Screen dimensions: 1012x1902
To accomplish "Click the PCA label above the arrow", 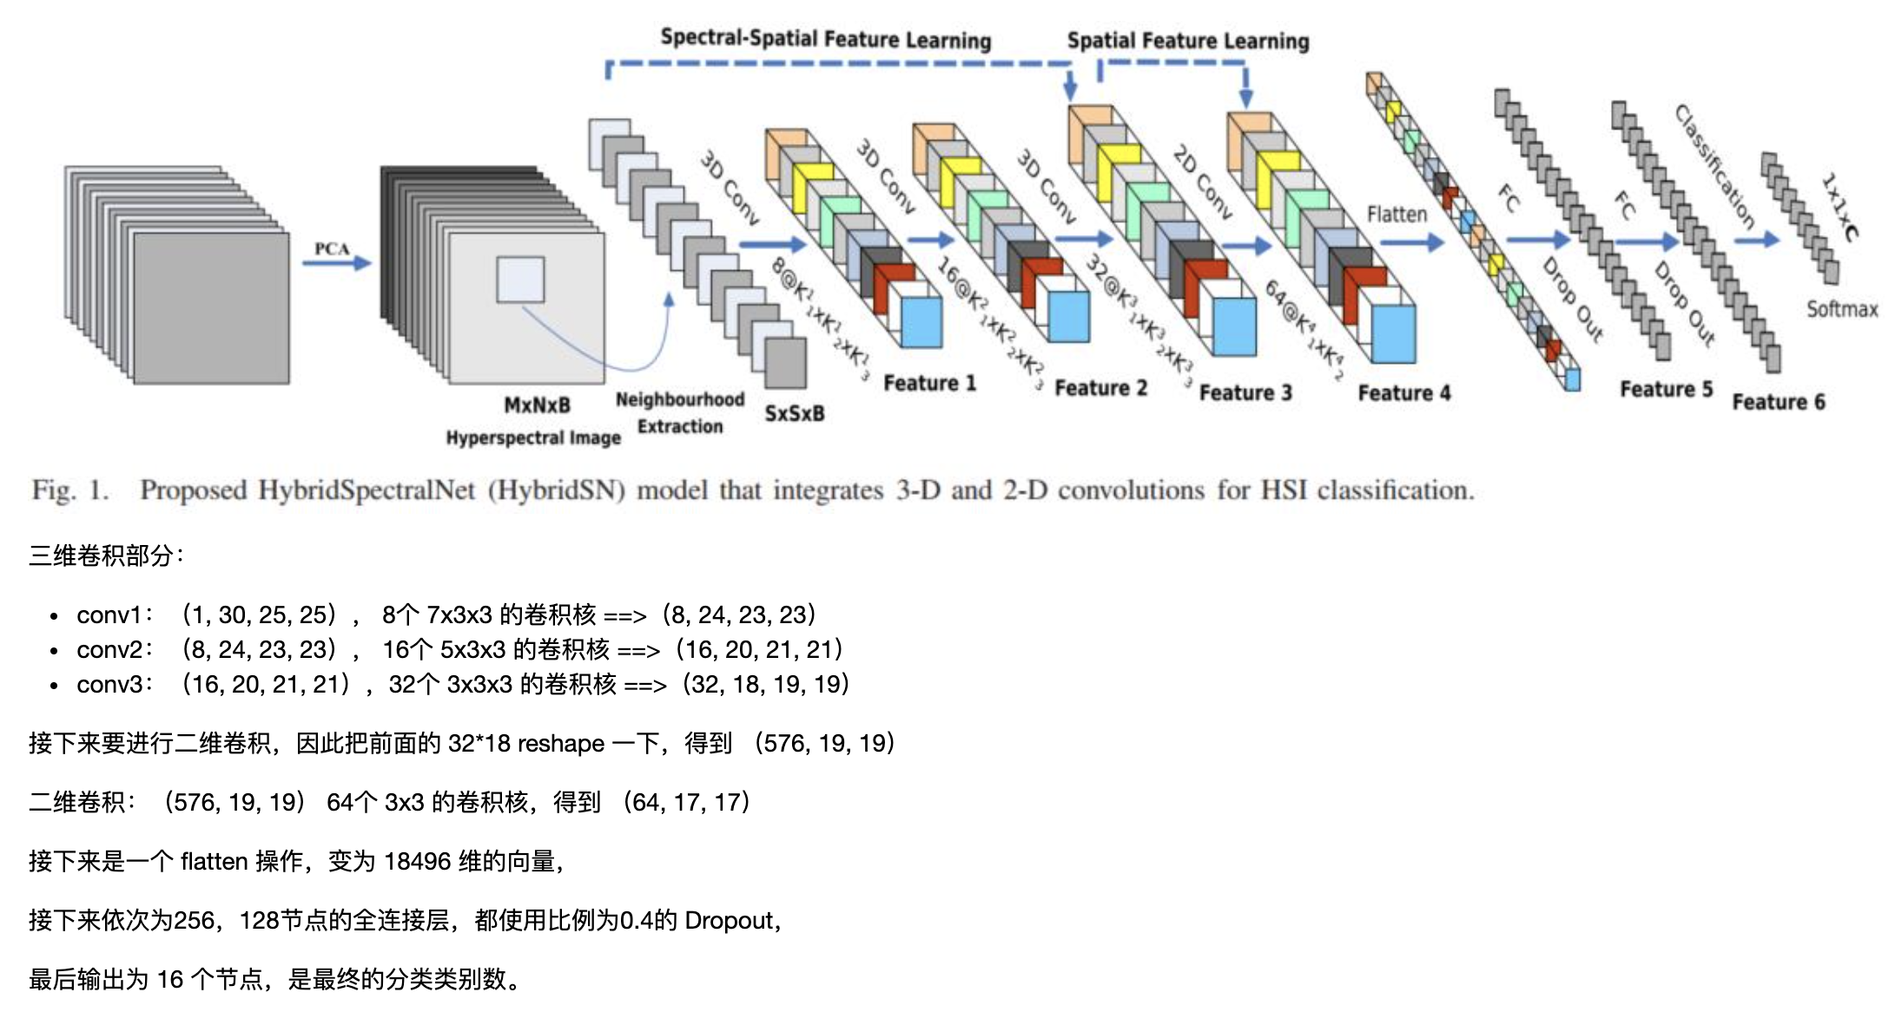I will (332, 249).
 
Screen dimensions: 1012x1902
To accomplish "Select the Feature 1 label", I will (929, 383).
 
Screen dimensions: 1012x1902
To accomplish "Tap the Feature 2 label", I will (1100, 388).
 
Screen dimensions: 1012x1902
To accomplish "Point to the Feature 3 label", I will (1245, 393).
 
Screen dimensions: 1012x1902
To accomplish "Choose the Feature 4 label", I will (1404, 393).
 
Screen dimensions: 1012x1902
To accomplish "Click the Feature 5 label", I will (1666, 389).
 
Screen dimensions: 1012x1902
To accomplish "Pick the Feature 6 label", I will (1778, 402).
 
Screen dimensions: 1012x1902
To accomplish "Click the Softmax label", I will (1842, 309).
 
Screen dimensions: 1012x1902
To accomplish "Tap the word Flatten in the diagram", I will (1397, 214).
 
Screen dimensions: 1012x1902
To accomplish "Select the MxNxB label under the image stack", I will (537, 405).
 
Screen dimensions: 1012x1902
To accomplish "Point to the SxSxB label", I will (794, 414).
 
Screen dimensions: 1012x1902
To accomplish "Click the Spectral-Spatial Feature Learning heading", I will (825, 39).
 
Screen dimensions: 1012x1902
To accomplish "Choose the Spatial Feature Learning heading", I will (1187, 41).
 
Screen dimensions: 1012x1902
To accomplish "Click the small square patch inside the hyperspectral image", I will (520, 279).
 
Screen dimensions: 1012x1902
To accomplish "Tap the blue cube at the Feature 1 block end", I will (921, 323).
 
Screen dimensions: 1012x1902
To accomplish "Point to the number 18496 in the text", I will (417, 861).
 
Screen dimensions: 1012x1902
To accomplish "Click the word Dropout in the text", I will (728, 920).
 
